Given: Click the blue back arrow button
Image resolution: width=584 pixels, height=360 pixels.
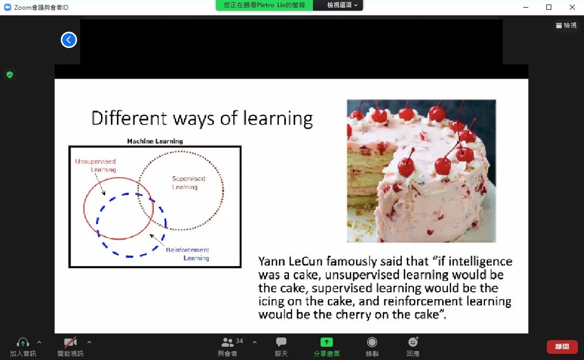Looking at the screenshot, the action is click(x=69, y=40).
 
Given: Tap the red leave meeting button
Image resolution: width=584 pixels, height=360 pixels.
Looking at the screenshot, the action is click(x=562, y=347).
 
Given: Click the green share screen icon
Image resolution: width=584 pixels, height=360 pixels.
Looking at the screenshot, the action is click(x=327, y=342).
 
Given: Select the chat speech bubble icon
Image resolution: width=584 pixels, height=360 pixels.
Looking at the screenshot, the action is click(x=281, y=342).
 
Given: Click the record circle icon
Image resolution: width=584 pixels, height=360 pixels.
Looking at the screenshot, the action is click(x=372, y=342).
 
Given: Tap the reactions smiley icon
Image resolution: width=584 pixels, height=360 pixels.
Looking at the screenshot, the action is click(x=413, y=342).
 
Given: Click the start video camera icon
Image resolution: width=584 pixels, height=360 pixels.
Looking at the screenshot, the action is click(x=70, y=342).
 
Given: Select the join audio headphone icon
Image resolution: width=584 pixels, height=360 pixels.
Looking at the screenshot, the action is click(x=23, y=342).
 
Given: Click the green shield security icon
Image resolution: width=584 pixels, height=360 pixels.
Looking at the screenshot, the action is click(x=10, y=75).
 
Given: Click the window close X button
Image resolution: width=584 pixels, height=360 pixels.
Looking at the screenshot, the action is click(x=572, y=7).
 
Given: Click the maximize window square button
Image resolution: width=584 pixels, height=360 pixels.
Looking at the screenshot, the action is click(x=549, y=7).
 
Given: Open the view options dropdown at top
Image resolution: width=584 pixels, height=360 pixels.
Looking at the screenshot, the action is click(x=342, y=5).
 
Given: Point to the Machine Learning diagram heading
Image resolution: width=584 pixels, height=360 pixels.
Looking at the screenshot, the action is click(x=155, y=141).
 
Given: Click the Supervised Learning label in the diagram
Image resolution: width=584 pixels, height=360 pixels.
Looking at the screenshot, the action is click(x=188, y=183).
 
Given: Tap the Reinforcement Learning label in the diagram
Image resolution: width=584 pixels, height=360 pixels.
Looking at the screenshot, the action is click(x=187, y=254).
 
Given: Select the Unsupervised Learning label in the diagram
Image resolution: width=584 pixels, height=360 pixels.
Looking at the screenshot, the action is click(x=96, y=165).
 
